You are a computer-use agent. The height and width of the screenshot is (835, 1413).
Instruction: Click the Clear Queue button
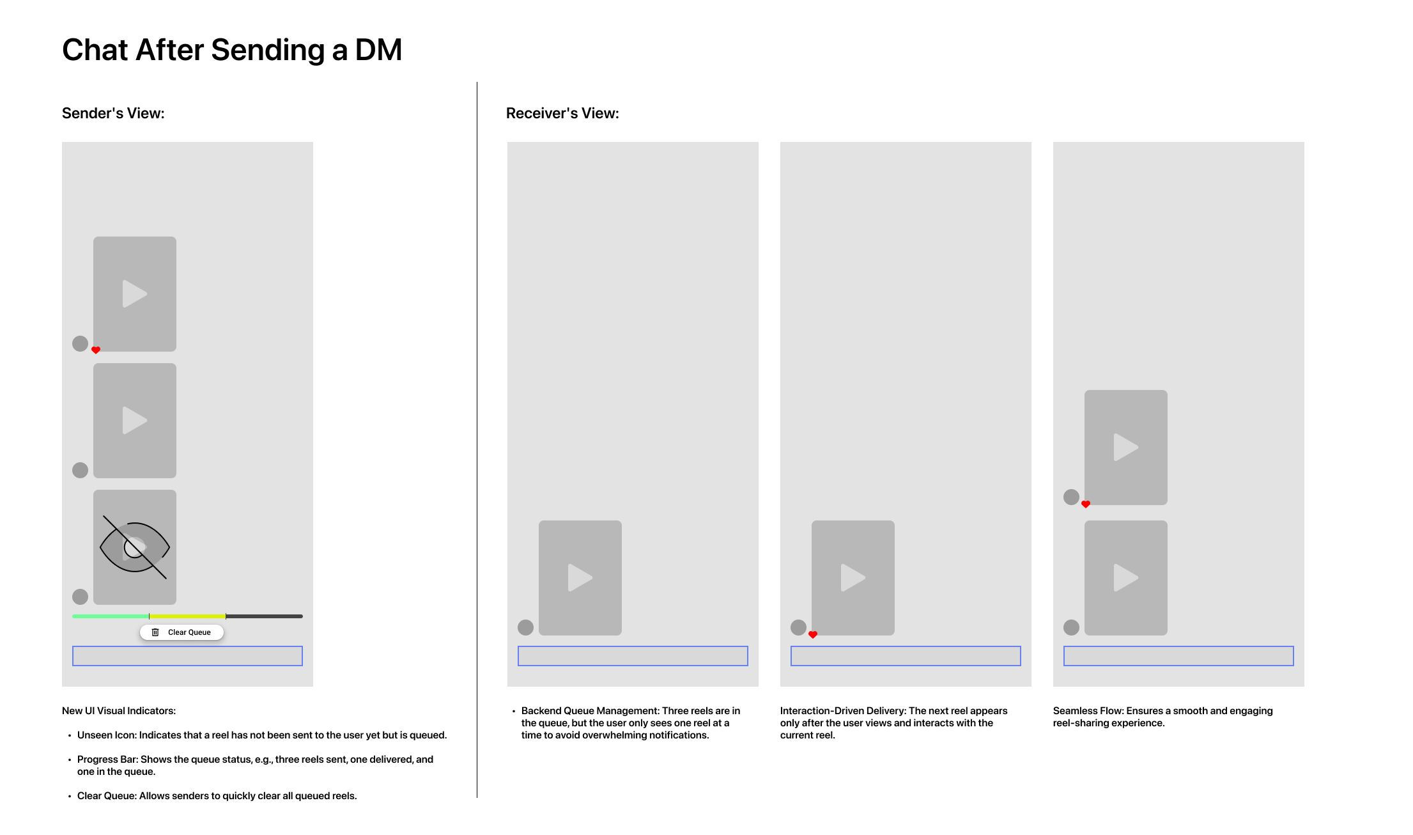click(x=182, y=632)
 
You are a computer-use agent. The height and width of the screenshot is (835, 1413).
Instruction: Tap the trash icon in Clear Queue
click(x=155, y=632)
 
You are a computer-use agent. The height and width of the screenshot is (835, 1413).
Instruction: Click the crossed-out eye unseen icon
click(x=135, y=547)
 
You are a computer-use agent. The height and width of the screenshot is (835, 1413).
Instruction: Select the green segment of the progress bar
click(x=111, y=616)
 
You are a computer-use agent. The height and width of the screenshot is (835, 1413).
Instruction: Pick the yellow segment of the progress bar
click(x=187, y=616)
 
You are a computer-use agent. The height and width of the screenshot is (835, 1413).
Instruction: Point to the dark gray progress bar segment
click(x=265, y=616)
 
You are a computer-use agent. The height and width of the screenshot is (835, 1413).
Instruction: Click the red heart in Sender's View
click(x=96, y=350)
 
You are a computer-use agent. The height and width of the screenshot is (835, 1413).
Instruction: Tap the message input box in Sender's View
click(x=187, y=656)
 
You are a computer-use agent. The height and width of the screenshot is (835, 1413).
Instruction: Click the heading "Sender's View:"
click(x=113, y=113)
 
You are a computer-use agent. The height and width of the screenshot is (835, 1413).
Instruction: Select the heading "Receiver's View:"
click(x=562, y=113)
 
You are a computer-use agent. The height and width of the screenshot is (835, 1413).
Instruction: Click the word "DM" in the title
click(x=378, y=50)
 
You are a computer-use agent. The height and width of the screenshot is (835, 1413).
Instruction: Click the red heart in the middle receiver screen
click(x=813, y=634)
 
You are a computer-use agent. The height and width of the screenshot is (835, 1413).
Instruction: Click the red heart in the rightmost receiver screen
click(x=1086, y=504)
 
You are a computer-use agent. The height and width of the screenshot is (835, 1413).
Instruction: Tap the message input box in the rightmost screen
click(x=1178, y=656)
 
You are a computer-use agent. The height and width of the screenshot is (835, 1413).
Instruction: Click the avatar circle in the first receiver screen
click(x=525, y=627)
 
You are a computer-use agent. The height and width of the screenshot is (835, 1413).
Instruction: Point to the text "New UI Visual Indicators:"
click(x=119, y=711)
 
